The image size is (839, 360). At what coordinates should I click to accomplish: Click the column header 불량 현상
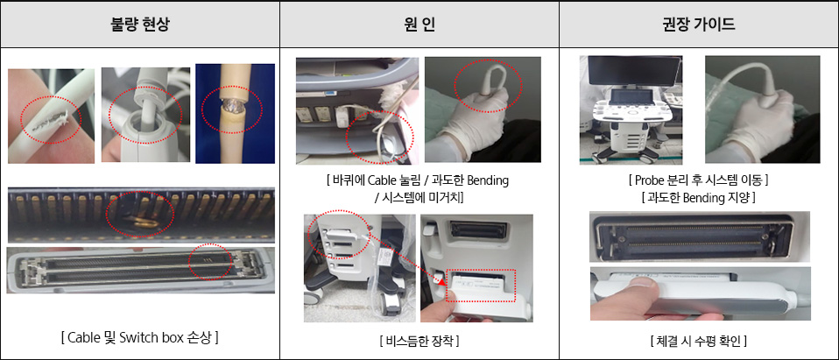tap(139, 25)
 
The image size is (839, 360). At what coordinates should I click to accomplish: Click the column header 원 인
tap(419, 25)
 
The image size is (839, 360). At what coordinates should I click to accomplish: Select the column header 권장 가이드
tap(699, 25)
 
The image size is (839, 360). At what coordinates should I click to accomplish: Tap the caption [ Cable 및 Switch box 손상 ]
tap(139, 336)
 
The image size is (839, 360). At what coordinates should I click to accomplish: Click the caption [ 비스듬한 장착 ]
tap(419, 340)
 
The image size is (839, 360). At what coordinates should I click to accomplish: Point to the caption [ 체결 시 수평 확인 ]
tap(699, 340)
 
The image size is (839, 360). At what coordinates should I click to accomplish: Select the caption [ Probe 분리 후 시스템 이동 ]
tap(699, 180)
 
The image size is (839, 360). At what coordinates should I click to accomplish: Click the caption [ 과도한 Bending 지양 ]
tap(699, 198)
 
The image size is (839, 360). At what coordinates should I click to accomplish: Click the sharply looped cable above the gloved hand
tap(487, 83)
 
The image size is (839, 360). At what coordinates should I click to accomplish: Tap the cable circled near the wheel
tap(379, 136)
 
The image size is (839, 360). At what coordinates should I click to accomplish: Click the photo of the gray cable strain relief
tap(145, 114)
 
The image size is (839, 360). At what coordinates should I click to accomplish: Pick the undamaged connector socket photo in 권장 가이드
tap(699, 236)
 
